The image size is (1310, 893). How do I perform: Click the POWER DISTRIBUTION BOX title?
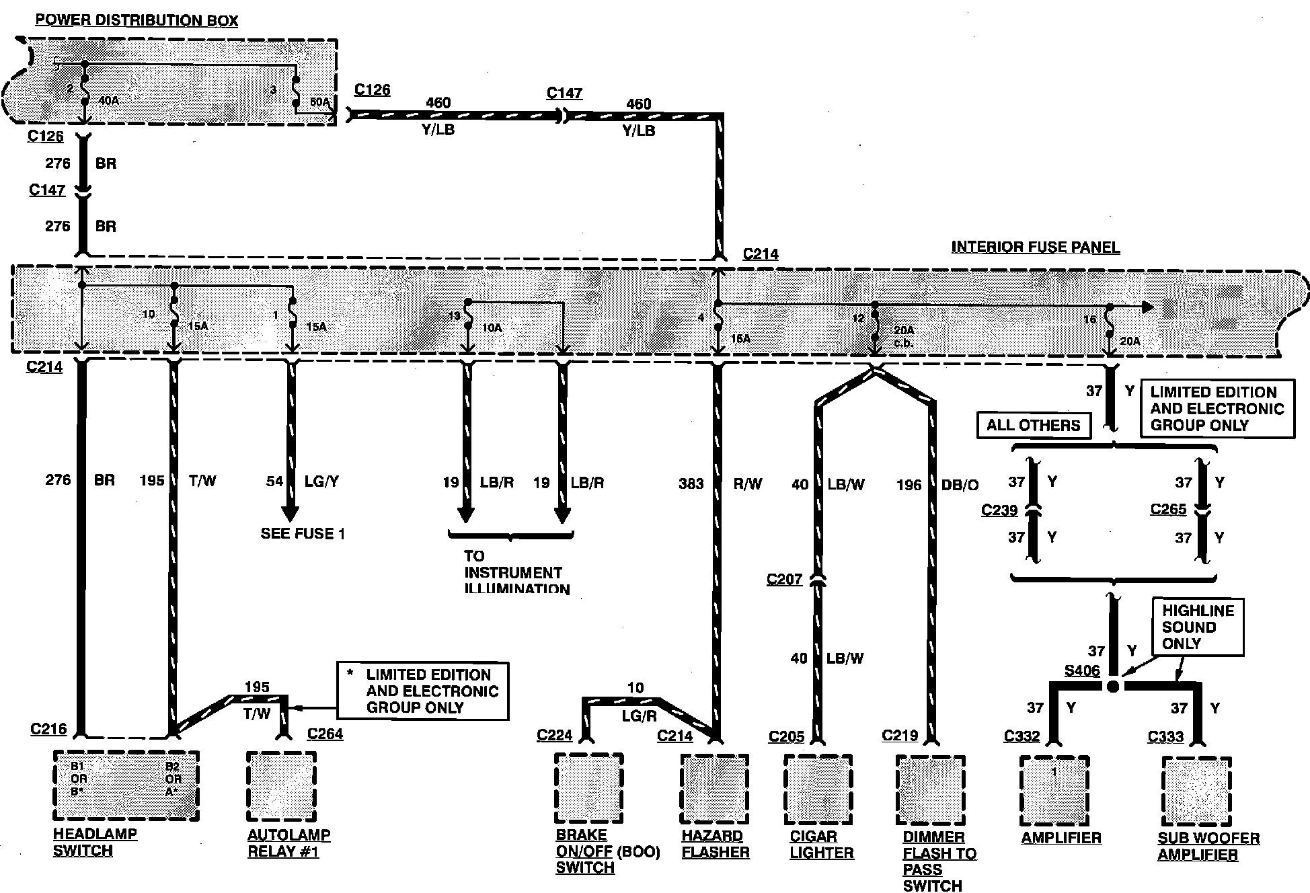pos(137,20)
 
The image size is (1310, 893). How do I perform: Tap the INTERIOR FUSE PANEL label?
pos(1035,247)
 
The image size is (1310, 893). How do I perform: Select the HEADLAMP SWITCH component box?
pos(126,785)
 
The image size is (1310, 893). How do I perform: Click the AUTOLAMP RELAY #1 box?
pos(281,786)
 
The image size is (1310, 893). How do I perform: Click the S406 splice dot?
pos(1113,687)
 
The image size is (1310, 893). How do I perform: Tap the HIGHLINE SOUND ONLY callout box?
pos(1198,627)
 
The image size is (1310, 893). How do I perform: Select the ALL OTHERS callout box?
pos(1033,425)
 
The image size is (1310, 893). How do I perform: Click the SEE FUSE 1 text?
pos(303,534)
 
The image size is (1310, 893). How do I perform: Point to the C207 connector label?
pos(784,579)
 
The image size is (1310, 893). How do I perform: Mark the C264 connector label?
pos(325,734)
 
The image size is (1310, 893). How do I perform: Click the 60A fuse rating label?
pos(319,103)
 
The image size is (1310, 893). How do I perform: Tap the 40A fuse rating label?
pos(109,101)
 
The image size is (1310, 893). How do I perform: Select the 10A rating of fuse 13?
pos(492,327)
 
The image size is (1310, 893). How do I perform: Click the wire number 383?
pos(691,483)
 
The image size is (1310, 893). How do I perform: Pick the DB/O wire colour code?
pos(960,484)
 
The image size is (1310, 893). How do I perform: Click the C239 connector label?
pos(999,510)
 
